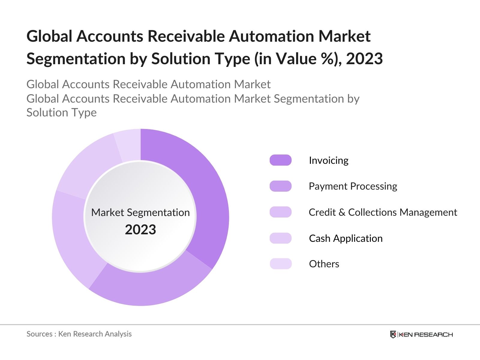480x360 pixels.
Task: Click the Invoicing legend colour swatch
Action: [x=280, y=160]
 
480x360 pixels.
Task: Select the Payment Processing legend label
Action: [x=353, y=186]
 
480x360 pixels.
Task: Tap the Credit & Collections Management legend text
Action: [x=383, y=212]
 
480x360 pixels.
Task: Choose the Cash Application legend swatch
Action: [x=280, y=238]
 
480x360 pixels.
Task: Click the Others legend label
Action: [x=324, y=264]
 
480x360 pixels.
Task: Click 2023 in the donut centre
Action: [x=140, y=230]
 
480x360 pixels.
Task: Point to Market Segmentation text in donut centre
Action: [x=140, y=212]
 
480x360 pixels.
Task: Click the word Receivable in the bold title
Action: [x=186, y=36]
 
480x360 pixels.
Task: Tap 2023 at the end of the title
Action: [x=364, y=59]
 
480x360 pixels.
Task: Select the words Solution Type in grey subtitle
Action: [x=61, y=113]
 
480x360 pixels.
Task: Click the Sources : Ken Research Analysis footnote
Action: [x=79, y=334]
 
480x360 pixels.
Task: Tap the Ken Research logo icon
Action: [x=393, y=334]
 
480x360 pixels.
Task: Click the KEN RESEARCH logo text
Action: [x=426, y=334]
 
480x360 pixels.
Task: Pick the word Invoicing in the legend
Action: [x=328, y=160]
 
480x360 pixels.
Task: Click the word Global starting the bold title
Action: [x=49, y=36]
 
